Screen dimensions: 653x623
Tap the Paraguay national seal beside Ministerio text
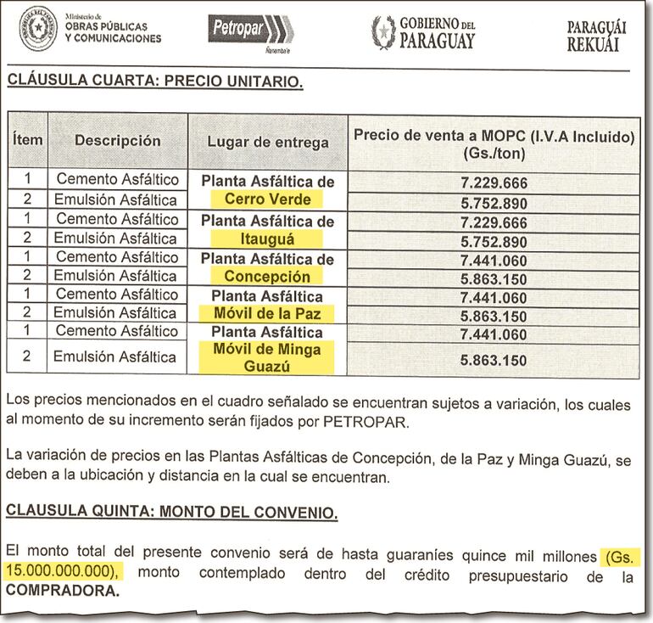point(38,28)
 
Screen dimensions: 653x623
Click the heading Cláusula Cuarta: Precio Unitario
point(154,82)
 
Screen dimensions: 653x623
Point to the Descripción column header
point(117,141)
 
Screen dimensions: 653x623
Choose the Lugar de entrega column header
point(267,142)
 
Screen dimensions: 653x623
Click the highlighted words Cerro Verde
point(267,200)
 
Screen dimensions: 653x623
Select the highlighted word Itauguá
point(267,239)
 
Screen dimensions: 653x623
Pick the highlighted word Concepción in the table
point(267,277)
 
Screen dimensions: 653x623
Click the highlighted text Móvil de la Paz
point(267,314)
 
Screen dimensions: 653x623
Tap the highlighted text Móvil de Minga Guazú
point(267,357)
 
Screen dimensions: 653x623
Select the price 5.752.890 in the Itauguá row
point(493,241)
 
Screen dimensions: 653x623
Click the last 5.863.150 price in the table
point(493,361)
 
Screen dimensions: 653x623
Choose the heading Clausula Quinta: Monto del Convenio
point(171,513)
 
